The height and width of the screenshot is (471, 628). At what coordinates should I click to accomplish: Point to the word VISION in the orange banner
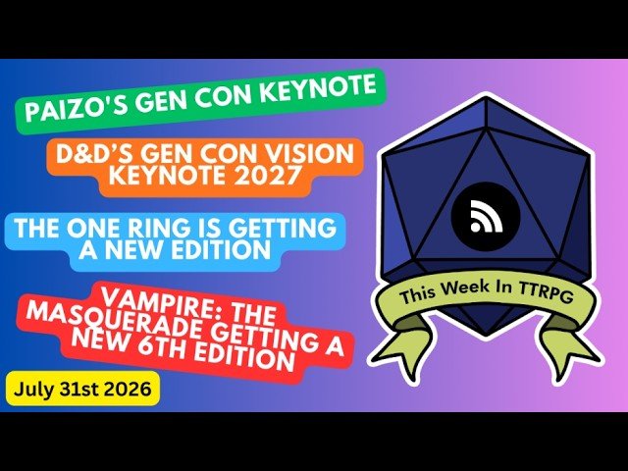[x=312, y=154]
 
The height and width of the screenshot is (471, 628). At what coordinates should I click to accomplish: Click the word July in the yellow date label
[x=32, y=390]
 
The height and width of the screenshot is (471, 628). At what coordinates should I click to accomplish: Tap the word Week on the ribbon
[x=464, y=287]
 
